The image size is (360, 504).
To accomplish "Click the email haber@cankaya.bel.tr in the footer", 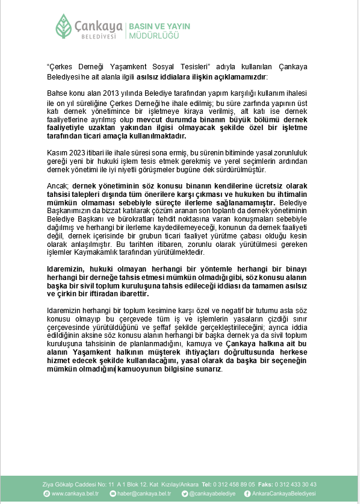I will pyautogui.click(x=137, y=494).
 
